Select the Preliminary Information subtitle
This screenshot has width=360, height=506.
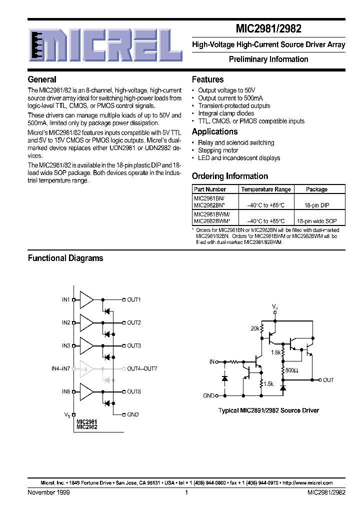[268, 59]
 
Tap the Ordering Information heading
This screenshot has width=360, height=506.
[230, 176]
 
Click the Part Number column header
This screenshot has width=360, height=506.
[210, 189]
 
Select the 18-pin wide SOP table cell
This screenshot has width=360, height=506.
[316, 220]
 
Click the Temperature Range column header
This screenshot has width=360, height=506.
[265, 189]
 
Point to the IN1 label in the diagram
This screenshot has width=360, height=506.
[65, 299]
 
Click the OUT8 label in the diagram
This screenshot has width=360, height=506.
[133, 391]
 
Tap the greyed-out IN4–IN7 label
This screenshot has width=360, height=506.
[61, 368]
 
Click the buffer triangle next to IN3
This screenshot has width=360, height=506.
[86, 345]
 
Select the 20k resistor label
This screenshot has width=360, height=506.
[255, 328]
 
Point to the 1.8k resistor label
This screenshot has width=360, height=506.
[275, 352]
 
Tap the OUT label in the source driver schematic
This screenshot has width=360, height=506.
[328, 380]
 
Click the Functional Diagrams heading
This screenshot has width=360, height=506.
[65, 258]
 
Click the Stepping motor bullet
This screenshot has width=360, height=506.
[218, 150]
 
